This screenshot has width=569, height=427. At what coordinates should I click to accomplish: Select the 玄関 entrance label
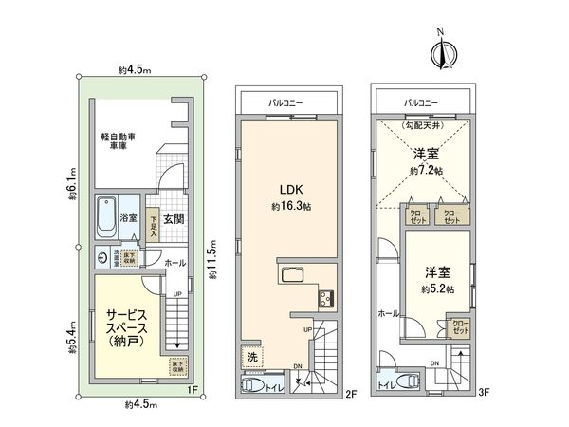point(173,219)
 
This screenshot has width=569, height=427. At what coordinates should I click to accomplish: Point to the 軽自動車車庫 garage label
point(119,141)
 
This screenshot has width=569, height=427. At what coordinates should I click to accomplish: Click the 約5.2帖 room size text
point(436,288)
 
